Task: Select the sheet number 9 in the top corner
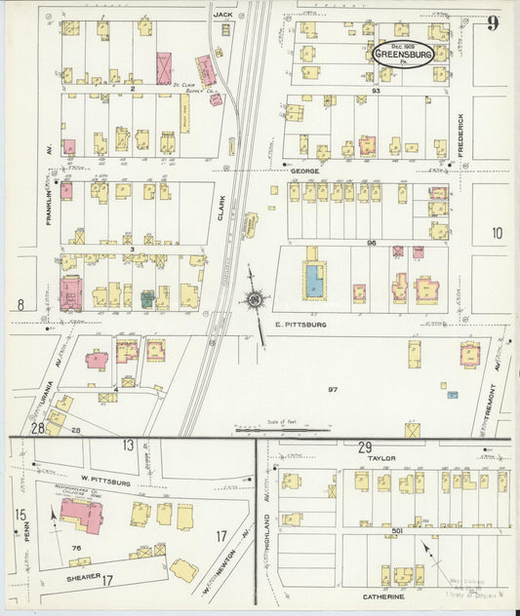[x=493, y=23]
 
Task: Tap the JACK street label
[x=223, y=15]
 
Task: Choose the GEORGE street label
[x=304, y=171]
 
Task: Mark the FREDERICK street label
[x=462, y=135]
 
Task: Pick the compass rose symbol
[x=257, y=299]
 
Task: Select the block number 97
[x=333, y=389]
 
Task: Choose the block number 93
[x=375, y=91]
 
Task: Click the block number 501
[x=398, y=530]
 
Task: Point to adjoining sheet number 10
[x=497, y=233]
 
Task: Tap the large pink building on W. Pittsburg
[x=82, y=514]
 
